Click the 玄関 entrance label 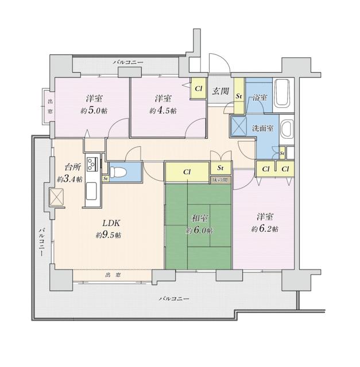tap(220, 91)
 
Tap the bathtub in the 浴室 tap(283, 93)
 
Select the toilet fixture tap(118, 172)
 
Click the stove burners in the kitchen tap(91, 164)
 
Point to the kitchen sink tap(91, 191)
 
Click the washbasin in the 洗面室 tap(287, 130)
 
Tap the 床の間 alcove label tap(220, 180)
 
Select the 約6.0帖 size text tap(199, 231)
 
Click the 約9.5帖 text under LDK tap(109, 235)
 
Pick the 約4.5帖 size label tap(163, 111)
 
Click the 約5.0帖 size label tap(94, 111)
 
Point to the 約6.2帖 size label tap(265, 229)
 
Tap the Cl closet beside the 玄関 tap(199, 88)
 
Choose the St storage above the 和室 tap(220, 168)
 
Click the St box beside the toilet tap(106, 178)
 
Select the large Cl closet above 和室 tap(187, 172)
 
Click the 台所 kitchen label tap(73, 167)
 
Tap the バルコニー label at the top tap(128, 63)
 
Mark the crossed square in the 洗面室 tap(239, 126)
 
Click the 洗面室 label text tap(263, 128)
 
